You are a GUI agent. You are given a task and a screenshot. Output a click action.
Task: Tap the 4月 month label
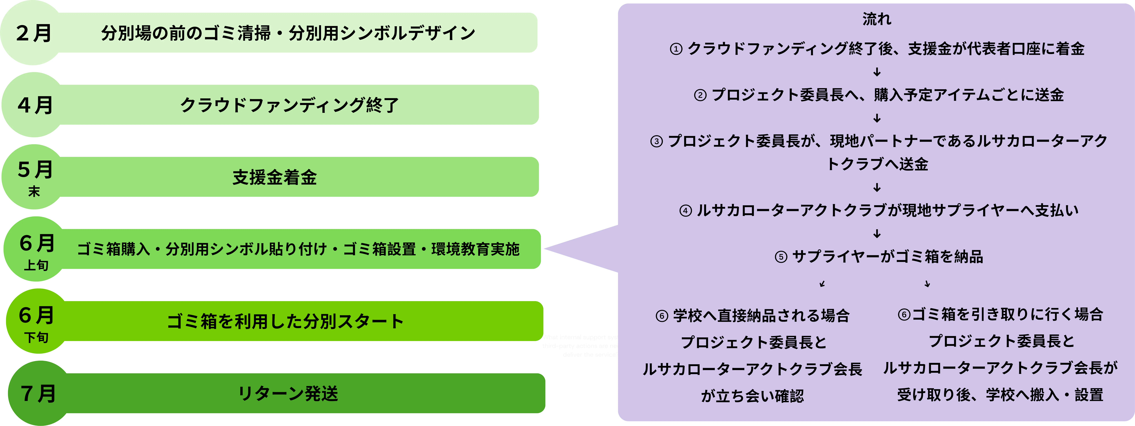pyautogui.click(x=35, y=105)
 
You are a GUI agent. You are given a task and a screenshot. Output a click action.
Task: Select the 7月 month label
pyautogui.click(x=38, y=393)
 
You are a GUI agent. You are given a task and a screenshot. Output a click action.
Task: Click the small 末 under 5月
pyautogui.click(x=34, y=191)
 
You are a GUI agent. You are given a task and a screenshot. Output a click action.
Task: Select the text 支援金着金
pyautogui.click(x=274, y=177)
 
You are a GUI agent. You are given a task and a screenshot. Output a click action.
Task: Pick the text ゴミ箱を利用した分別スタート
pyautogui.click(x=285, y=321)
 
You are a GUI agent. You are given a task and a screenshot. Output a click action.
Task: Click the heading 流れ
pyautogui.click(x=877, y=19)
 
